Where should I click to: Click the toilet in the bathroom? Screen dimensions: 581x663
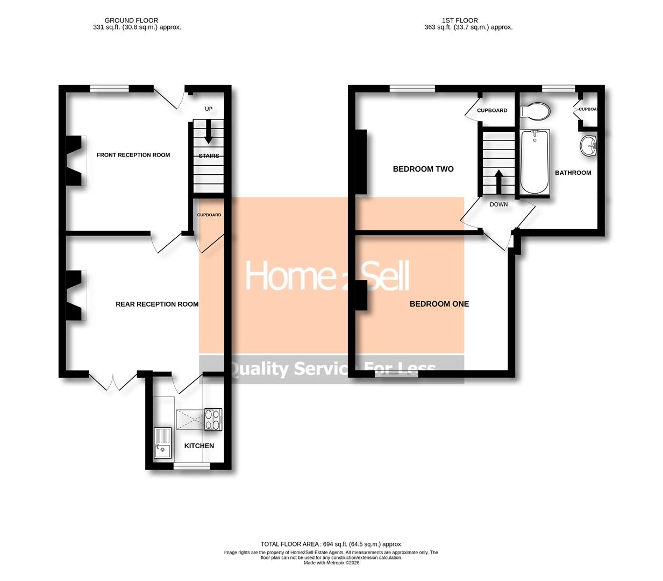(x=536, y=111)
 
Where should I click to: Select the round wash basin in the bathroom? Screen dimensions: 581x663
(x=589, y=146)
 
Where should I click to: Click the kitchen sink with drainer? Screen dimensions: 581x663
(x=162, y=443)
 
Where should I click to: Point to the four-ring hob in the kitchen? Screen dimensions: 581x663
(x=213, y=420)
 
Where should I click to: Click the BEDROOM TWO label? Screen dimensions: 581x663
(x=423, y=169)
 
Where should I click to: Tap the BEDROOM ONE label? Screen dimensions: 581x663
(x=439, y=304)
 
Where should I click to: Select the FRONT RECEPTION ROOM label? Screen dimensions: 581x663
(x=133, y=155)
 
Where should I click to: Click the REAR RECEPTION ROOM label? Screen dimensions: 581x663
(x=157, y=304)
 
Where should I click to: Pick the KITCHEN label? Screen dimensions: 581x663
(x=199, y=446)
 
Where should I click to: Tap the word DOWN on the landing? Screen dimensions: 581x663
(x=498, y=204)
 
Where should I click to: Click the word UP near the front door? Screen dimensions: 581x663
(x=209, y=109)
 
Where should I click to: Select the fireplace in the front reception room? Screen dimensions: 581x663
(x=74, y=161)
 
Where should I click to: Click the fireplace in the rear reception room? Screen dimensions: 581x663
(x=74, y=295)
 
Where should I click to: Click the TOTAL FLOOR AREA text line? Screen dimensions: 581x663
(x=331, y=544)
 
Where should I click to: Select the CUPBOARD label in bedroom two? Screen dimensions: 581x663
(x=492, y=110)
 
